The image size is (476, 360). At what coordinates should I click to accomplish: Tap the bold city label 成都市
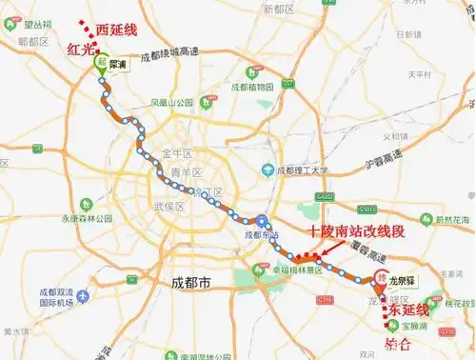click(190, 283)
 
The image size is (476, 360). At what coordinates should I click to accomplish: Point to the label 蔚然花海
click(453, 220)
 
